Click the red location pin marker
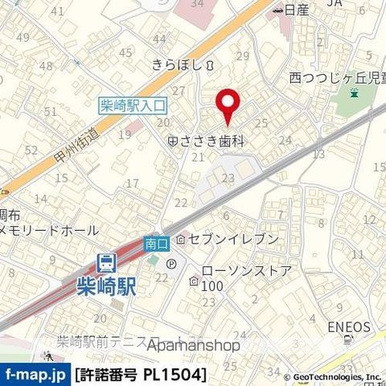(x=228, y=105)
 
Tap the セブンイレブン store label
(x=233, y=239)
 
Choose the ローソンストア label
(x=244, y=271)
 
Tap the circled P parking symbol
(x=170, y=263)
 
